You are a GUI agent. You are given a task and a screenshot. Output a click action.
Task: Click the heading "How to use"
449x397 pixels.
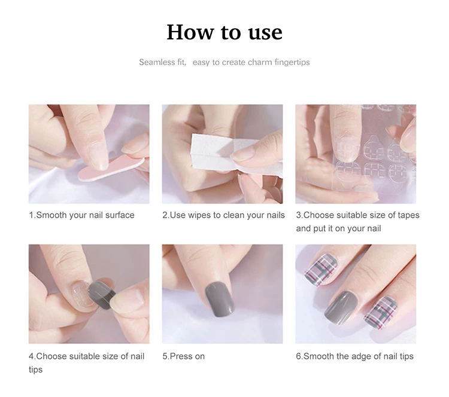pyautogui.click(x=224, y=32)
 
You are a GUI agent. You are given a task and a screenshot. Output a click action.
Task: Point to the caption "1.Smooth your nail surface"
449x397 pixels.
pyautogui.click(x=81, y=215)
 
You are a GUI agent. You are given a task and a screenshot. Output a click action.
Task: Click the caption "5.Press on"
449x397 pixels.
pyautogui.click(x=184, y=356)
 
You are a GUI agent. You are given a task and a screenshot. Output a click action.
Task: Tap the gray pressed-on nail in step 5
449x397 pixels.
pyautogui.click(x=220, y=298)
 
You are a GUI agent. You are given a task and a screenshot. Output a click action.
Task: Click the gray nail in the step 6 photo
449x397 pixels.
pyautogui.click(x=340, y=308)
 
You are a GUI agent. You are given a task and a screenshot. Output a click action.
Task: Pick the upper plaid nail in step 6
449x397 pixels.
pyautogui.click(x=320, y=270)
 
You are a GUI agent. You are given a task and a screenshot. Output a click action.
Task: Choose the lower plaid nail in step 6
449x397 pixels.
pyautogui.click(x=381, y=313)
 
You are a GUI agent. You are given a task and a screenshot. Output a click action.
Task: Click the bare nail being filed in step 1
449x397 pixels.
pyautogui.click(x=98, y=155)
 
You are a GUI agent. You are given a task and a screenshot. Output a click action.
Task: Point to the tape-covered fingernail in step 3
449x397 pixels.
pyautogui.click(x=347, y=149)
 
